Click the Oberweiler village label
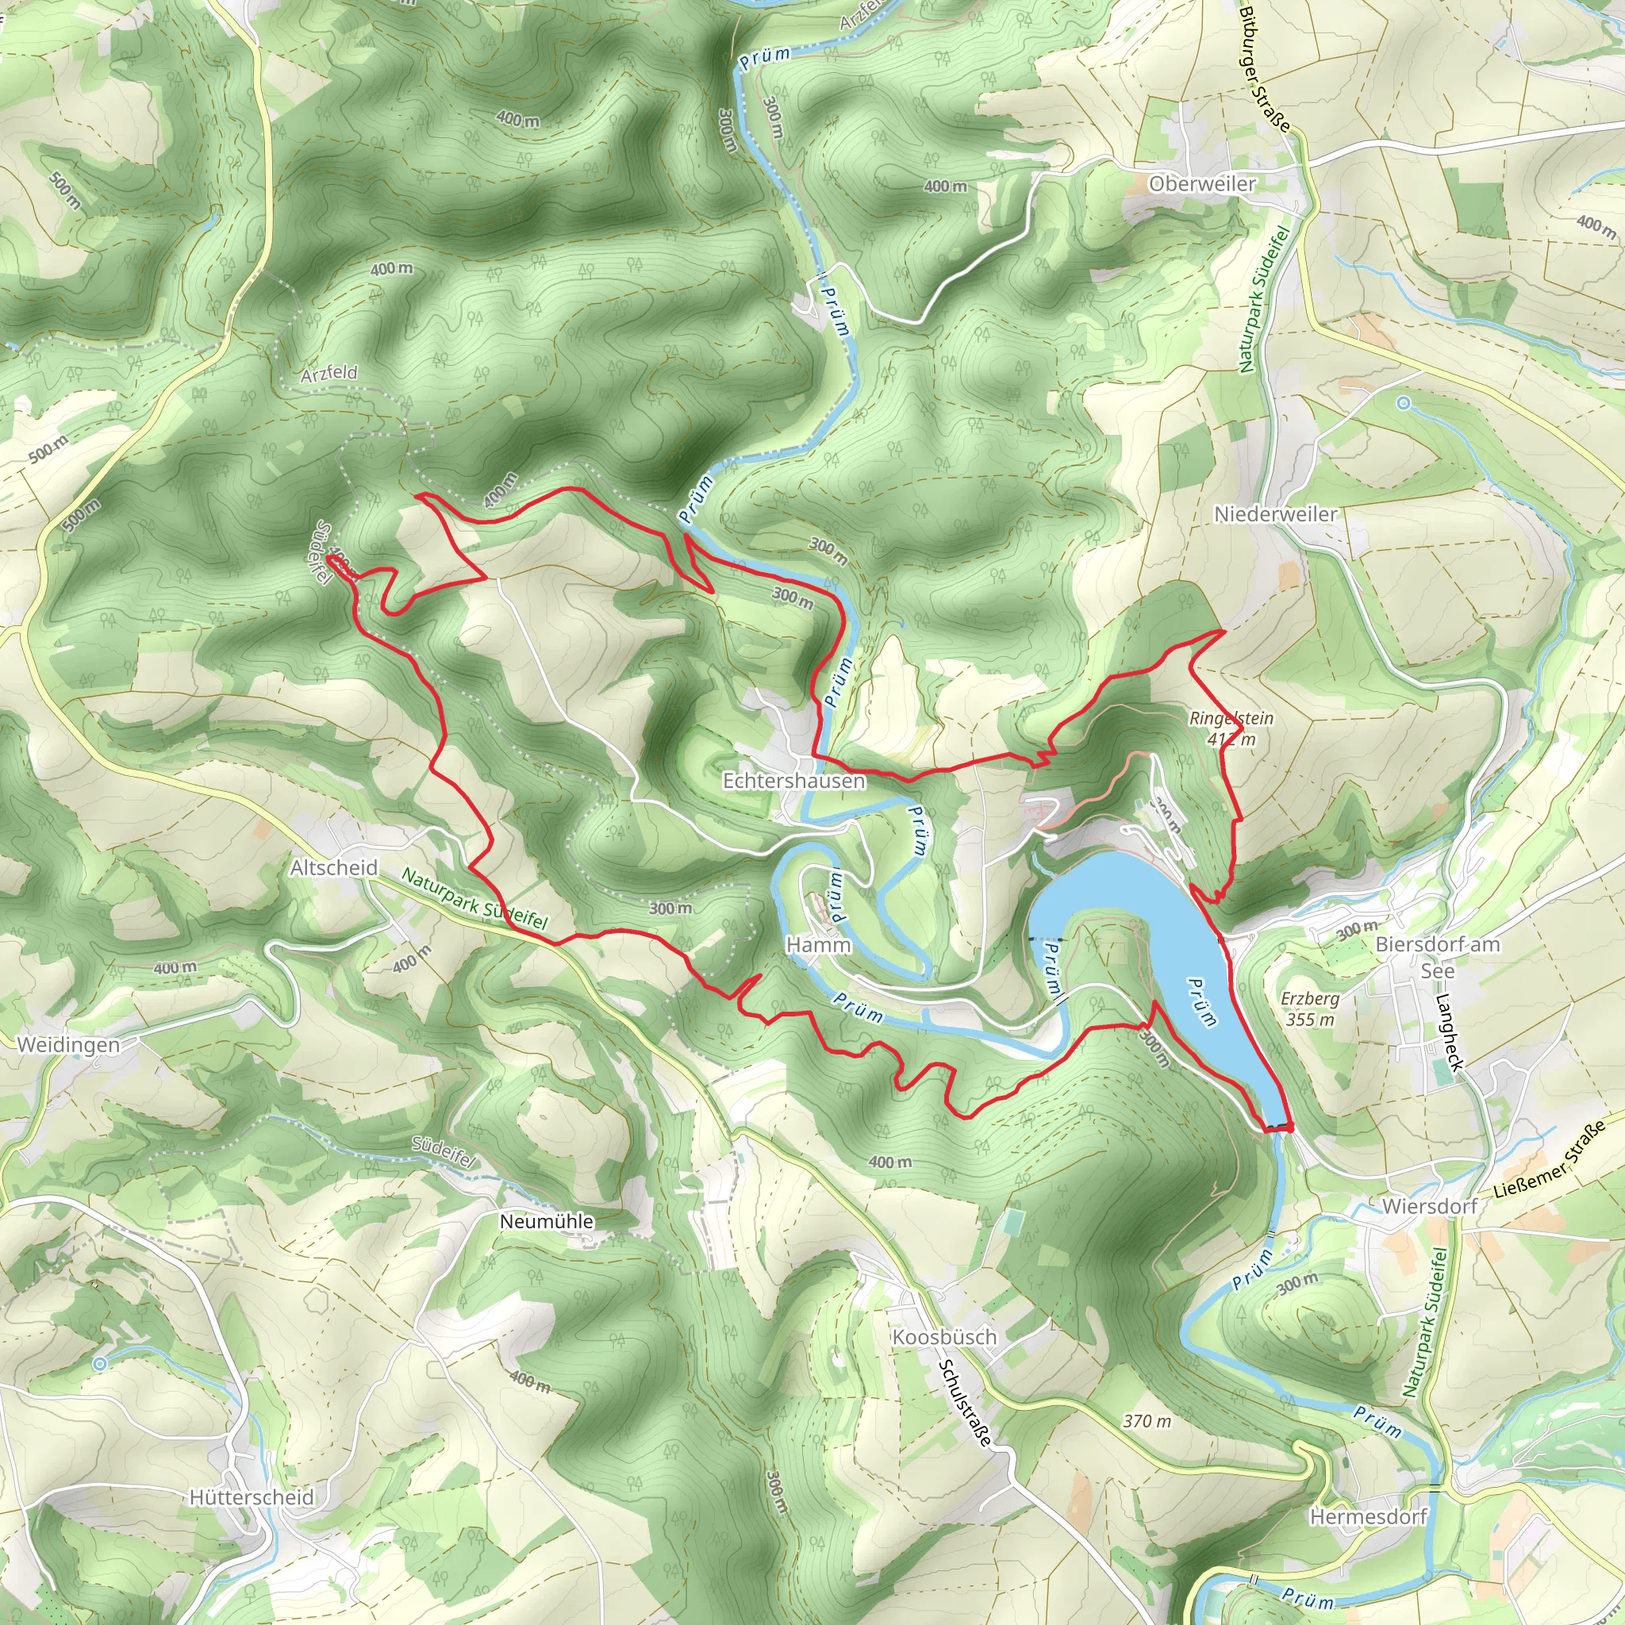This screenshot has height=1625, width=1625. coord(1202,184)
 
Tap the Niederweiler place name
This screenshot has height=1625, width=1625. coord(1275,514)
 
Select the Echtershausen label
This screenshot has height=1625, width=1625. coord(794,782)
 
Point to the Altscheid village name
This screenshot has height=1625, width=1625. coord(334,868)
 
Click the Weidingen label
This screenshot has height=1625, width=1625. coord(68,1046)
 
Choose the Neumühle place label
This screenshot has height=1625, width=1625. coord(547,1221)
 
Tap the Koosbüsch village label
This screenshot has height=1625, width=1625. coord(943,1337)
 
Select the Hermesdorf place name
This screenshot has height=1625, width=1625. coord(1369,1494)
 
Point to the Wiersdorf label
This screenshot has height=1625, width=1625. coord(1429,1206)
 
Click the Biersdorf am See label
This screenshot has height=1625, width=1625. coord(1438,957)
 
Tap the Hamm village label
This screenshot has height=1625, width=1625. coord(818,945)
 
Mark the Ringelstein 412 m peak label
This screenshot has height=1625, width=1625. coord(1231,729)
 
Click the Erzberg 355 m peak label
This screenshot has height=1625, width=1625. coord(1309,1009)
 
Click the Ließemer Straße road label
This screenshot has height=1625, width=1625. coord(1550,1159)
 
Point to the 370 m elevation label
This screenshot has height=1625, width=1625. coord(1147,1421)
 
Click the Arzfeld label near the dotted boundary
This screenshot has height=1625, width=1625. coord(328,374)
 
